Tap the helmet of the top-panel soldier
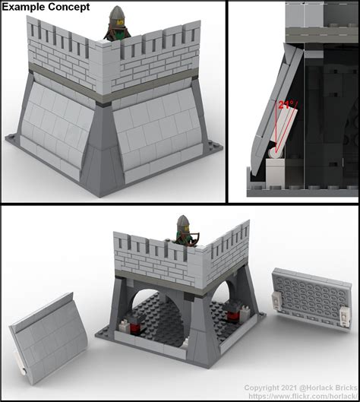[x=117, y=14]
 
